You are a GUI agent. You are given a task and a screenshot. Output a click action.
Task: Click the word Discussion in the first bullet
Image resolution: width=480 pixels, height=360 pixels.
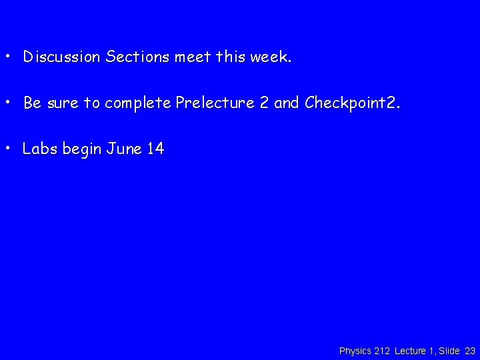(62, 57)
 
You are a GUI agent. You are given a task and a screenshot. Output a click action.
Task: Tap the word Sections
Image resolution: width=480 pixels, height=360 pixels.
(137, 57)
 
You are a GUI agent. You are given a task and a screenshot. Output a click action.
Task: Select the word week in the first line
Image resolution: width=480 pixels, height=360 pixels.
(269, 57)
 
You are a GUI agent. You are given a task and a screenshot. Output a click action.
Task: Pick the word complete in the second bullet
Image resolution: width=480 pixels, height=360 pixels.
(137, 104)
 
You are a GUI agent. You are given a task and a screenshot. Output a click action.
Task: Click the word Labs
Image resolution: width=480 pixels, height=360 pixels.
(40, 149)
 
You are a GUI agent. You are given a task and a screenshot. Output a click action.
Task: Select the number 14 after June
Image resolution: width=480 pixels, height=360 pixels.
(155, 149)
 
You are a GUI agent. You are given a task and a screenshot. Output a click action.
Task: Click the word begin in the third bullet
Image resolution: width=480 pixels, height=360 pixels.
(81, 149)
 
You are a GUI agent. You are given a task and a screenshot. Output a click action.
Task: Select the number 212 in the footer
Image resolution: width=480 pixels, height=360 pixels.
(382, 351)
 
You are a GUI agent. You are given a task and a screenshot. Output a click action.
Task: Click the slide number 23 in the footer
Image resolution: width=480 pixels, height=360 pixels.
(470, 351)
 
